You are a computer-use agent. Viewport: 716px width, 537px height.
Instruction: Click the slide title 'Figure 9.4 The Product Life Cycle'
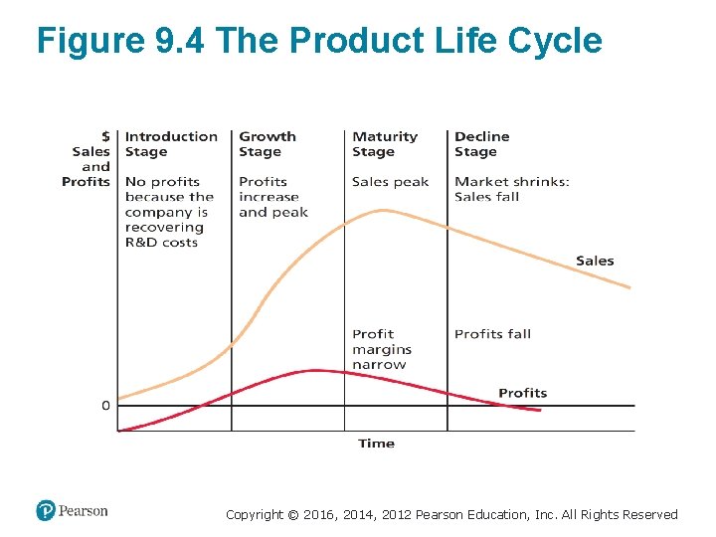coord(319,42)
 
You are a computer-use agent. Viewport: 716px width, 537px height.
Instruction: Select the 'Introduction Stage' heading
coord(170,144)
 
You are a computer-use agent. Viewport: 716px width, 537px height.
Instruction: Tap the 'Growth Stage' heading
coord(267,144)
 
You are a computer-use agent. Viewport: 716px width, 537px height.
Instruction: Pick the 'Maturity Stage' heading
coord(384,144)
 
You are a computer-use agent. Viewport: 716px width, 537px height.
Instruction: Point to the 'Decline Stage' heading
coord(481,144)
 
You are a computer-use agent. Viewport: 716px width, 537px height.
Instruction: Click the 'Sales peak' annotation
coord(390,182)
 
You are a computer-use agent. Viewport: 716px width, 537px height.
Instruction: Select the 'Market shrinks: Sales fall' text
coord(511,189)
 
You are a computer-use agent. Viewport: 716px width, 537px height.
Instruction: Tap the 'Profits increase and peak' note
coord(272,197)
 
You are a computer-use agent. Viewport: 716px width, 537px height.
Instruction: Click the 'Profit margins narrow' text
coord(381,349)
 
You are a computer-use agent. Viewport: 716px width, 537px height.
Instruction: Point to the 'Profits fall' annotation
coord(492,334)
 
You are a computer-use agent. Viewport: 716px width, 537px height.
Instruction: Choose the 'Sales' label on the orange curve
coord(595,261)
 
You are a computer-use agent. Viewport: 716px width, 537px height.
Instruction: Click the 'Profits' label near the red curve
coord(522,393)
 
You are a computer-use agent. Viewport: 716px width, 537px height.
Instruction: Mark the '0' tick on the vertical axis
coord(105,406)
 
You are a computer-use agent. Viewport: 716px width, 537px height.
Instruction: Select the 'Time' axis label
coord(376,444)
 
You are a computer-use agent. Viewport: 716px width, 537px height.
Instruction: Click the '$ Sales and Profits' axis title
coord(88,159)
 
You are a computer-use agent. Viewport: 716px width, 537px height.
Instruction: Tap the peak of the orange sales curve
coord(382,210)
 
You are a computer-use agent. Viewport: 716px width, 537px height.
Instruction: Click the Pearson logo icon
coord(46,511)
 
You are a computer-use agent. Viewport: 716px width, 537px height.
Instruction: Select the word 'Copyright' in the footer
coord(254,515)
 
